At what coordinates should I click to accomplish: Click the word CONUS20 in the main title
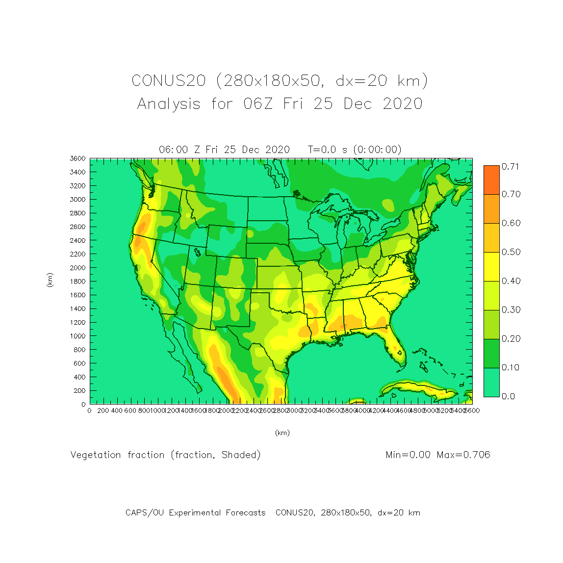(x=168, y=80)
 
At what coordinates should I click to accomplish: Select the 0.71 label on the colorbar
(x=510, y=167)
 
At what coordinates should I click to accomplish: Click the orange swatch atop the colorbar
(x=491, y=179)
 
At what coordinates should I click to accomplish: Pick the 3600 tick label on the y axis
(x=77, y=158)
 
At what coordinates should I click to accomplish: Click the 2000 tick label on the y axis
(x=77, y=268)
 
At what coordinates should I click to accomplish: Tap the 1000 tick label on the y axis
(x=77, y=336)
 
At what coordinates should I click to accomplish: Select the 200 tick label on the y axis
(x=79, y=391)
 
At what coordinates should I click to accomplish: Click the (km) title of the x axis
(x=282, y=433)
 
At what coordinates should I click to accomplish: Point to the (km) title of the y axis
(x=50, y=280)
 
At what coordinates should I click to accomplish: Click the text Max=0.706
(x=463, y=455)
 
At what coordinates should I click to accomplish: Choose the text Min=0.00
(x=408, y=455)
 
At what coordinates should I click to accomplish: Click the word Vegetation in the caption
(x=96, y=455)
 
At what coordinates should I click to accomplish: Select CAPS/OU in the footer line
(x=145, y=513)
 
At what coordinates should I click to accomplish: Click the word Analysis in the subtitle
(x=169, y=104)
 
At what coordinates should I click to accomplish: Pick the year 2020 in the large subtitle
(x=402, y=104)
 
